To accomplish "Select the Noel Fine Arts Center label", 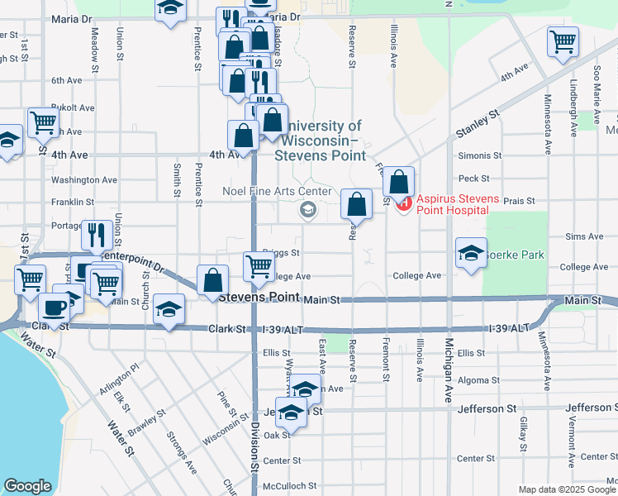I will tap(270, 191).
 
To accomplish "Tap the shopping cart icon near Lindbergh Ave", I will tap(563, 41).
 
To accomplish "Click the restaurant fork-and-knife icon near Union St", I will tap(97, 235).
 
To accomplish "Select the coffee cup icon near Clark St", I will tap(55, 308).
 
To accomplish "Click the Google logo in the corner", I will tap(28, 486).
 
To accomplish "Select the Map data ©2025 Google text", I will tap(567, 489).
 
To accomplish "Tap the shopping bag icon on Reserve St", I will tap(356, 203).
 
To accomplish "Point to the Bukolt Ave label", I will tap(74, 107).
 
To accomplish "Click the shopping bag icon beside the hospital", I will tap(398, 181).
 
